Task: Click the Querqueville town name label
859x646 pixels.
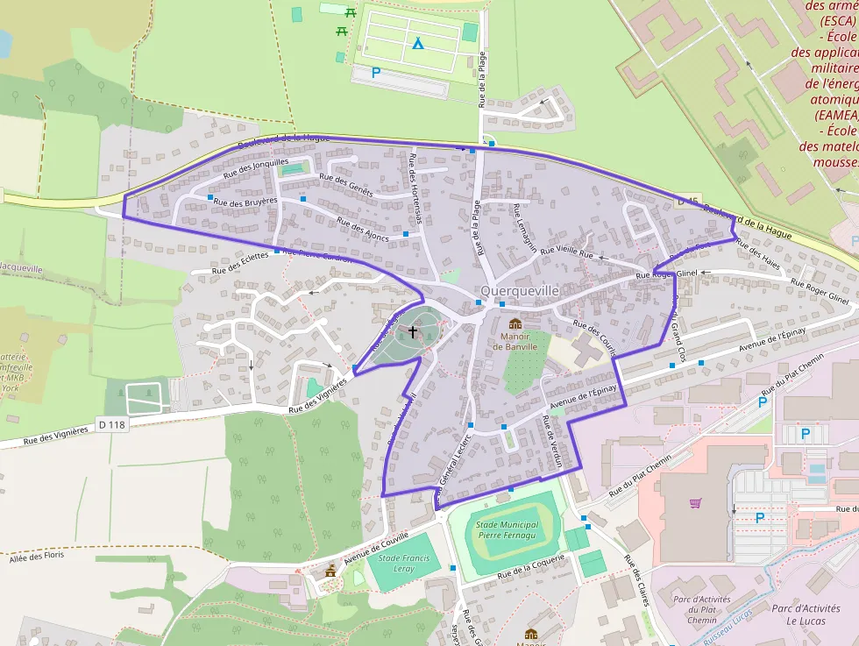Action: (x=519, y=289)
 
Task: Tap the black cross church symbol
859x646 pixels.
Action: (x=413, y=332)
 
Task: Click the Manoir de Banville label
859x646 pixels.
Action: (x=515, y=341)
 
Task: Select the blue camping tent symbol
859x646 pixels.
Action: (x=418, y=42)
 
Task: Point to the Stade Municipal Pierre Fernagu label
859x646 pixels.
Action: (x=507, y=529)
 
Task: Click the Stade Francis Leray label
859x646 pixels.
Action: (x=403, y=562)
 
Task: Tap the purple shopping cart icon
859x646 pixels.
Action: (x=695, y=503)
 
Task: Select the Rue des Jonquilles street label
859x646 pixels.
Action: (x=256, y=167)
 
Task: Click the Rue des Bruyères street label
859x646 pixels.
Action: (x=245, y=202)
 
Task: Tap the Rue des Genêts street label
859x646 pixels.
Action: (x=346, y=185)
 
